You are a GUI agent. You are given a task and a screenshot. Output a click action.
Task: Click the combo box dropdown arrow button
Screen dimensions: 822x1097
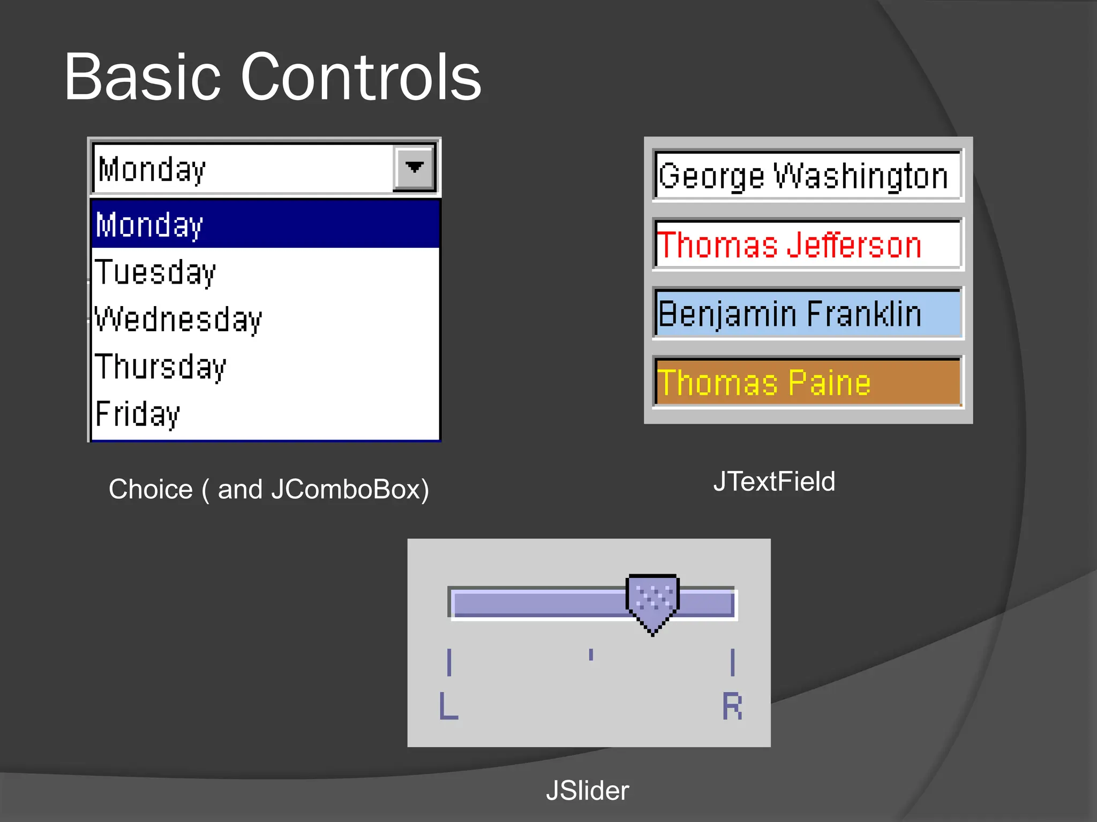tap(414, 168)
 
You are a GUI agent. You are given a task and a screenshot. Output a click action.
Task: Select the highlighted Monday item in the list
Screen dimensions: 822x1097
tap(265, 224)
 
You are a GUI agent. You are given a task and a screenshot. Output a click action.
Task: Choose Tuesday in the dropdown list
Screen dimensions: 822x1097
tap(265, 272)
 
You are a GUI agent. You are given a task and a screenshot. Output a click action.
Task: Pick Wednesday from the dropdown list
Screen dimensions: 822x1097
tap(265, 319)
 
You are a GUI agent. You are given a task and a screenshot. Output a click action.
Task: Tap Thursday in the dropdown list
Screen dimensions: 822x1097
tap(265, 367)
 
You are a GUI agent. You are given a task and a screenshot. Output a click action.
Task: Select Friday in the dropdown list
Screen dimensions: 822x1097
tap(265, 414)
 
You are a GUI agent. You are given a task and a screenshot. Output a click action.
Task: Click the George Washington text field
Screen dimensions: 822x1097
tap(808, 176)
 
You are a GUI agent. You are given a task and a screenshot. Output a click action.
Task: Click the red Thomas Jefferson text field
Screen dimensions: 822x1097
tap(808, 245)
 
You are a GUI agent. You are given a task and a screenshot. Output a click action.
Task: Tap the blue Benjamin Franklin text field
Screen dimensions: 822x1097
tap(808, 314)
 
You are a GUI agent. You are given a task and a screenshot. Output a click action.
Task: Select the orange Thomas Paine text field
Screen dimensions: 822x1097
tap(808, 382)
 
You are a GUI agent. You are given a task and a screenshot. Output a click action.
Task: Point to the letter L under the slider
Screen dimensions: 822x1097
tap(448, 706)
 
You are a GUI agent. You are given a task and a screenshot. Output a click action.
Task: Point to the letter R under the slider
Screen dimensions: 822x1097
tap(732, 706)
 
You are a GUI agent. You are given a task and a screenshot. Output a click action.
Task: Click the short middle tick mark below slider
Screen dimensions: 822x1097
tap(591, 654)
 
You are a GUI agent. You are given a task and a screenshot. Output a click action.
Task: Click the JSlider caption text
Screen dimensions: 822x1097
tap(587, 790)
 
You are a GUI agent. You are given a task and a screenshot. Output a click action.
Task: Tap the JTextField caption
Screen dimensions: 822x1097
tap(774, 481)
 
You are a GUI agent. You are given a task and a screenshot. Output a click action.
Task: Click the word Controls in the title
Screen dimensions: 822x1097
tap(361, 77)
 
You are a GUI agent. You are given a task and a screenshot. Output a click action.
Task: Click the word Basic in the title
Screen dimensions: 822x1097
tap(142, 77)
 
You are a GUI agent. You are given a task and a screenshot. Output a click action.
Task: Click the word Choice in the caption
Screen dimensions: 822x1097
tap(151, 489)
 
